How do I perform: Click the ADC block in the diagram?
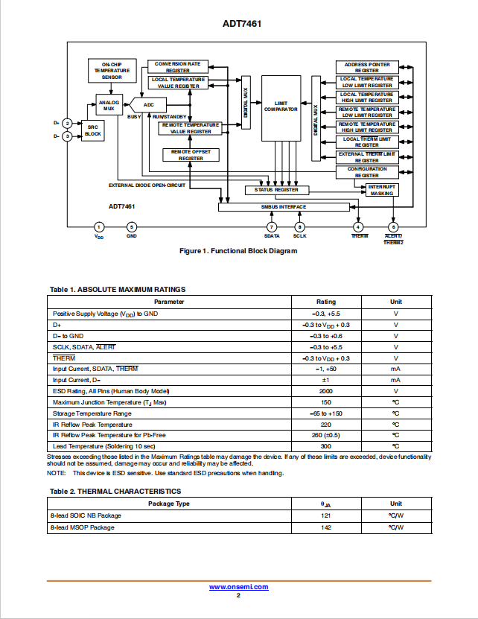[x=148, y=105]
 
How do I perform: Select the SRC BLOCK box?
[x=93, y=130]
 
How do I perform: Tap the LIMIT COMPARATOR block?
[x=281, y=108]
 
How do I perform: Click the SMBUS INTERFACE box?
[x=284, y=207]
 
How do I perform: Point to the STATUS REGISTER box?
[x=277, y=190]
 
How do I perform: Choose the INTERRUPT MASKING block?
[x=382, y=190]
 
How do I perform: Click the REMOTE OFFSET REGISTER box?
[x=191, y=155]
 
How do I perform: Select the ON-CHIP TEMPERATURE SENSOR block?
[x=112, y=71]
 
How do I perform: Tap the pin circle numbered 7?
[x=272, y=227]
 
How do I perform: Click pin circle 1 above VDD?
[x=99, y=227]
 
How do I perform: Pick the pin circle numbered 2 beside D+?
[x=68, y=124]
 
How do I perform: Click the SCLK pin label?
[x=300, y=236]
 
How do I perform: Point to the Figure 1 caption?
[x=238, y=251]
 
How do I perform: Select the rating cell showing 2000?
[x=326, y=391]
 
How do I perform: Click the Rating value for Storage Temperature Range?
[x=326, y=413]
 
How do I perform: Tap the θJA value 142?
[x=326, y=527]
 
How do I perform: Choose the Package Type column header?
[x=169, y=504]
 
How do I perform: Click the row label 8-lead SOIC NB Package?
[x=86, y=515]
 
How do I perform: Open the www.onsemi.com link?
[x=239, y=587]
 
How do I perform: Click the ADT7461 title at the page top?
[x=242, y=24]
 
